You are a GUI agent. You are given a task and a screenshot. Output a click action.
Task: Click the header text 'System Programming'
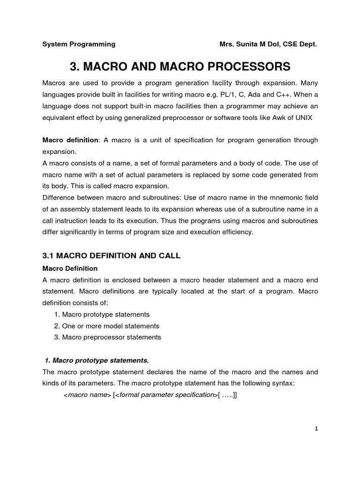79,44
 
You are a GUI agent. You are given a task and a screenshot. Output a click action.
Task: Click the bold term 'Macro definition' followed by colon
70,140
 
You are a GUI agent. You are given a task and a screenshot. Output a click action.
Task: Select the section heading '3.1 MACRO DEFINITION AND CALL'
111,255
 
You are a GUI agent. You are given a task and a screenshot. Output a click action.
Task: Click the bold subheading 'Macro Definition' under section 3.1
70,269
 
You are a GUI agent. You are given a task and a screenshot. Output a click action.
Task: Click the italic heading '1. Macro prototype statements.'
97,360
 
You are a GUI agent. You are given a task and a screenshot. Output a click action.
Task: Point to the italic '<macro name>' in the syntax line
87,395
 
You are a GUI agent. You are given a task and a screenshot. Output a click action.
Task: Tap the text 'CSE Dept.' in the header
300,44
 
